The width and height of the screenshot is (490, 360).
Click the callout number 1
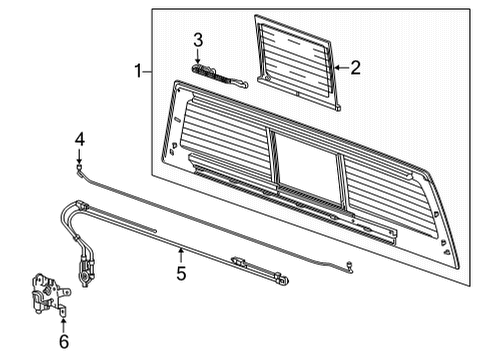pos(139,71)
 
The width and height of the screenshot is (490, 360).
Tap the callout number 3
pos(198,40)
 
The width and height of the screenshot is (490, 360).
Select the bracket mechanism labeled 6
pos(43,295)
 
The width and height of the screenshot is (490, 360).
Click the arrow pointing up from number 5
pos(181,252)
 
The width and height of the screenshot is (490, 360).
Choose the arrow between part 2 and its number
pos(337,68)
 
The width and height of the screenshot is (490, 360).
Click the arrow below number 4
pos(78,157)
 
